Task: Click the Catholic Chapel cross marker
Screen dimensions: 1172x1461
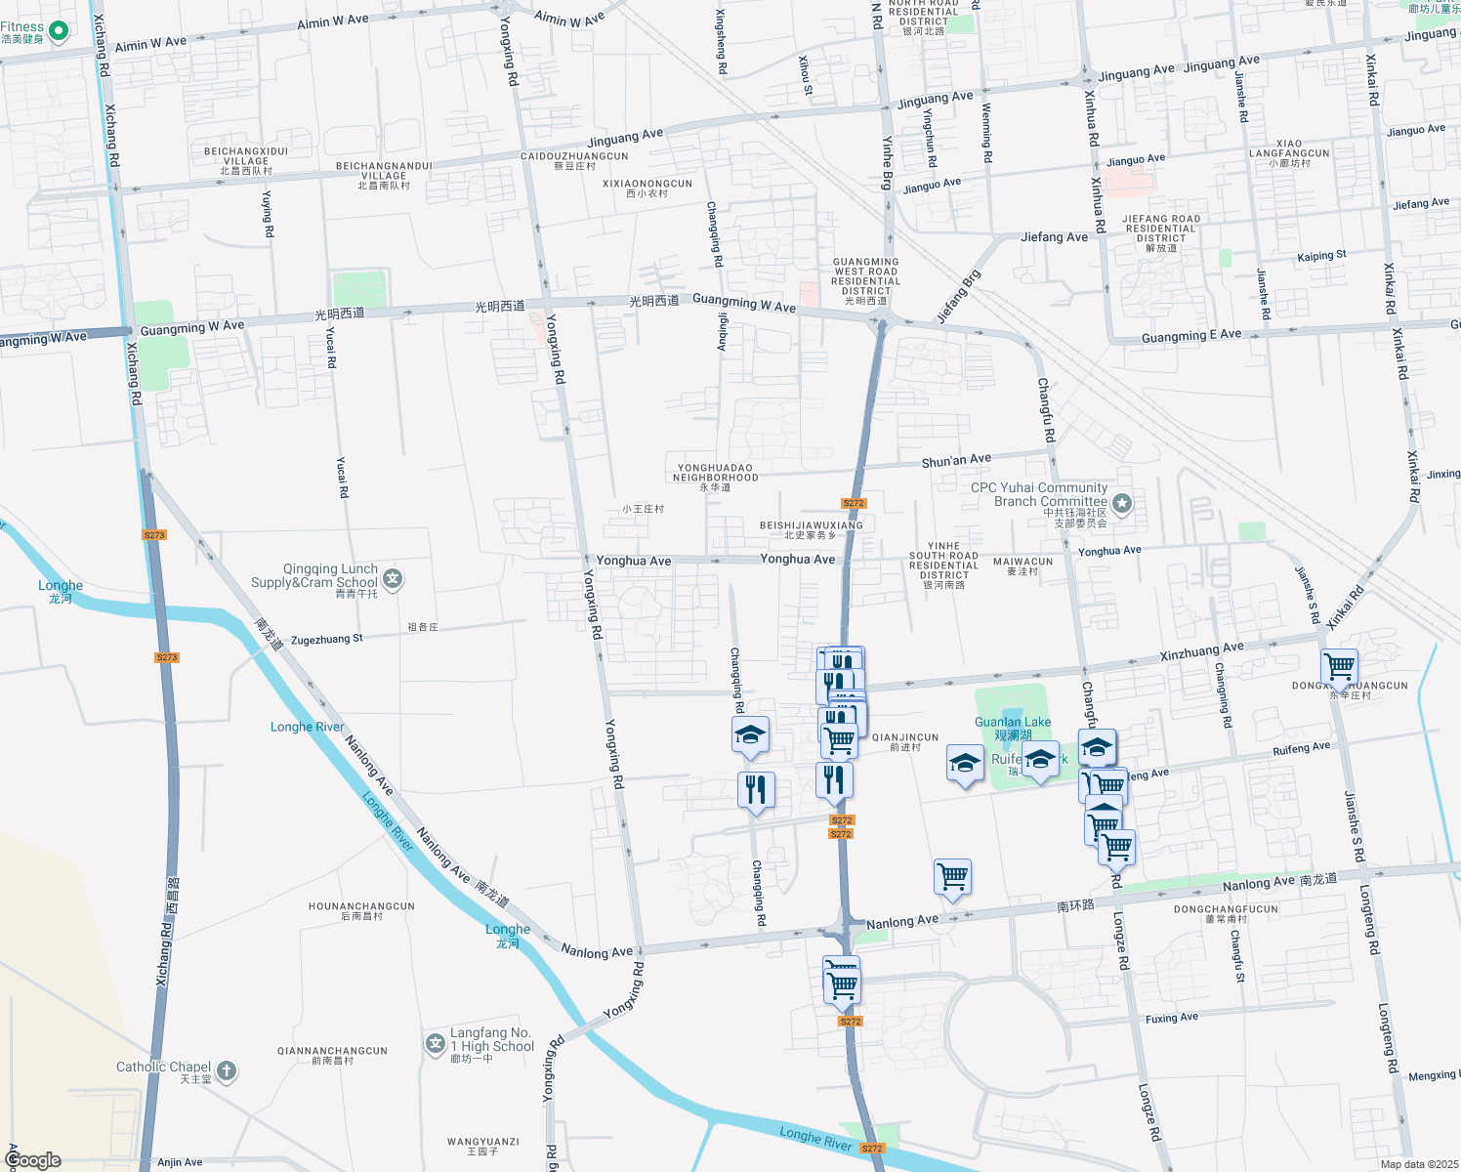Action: pos(226,1071)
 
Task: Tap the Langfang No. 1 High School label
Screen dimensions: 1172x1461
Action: pos(492,1040)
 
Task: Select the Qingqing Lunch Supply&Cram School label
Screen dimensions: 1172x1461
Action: pos(314,576)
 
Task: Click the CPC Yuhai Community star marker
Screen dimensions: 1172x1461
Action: pos(1122,503)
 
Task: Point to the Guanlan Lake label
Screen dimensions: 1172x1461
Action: pos(1013,723)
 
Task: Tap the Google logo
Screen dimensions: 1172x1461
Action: pos(33,1160)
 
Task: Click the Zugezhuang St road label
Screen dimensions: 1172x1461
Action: pos(326,640)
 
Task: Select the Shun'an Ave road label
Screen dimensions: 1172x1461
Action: pos(956,460)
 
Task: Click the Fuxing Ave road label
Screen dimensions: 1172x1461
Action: pos(1171,1019)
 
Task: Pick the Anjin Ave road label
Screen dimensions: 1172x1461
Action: pos(180,1162)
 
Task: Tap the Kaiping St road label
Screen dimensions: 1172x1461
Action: pos(1321,257)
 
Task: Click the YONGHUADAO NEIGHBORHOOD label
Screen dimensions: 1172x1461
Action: pos(715,473)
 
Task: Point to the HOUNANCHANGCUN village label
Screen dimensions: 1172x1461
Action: pos(361,907)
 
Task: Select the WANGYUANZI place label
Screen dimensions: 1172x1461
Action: pos(482,1142)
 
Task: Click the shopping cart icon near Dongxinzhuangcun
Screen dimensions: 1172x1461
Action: pos(1339,667)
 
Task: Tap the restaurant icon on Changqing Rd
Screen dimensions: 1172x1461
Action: pos(756,788)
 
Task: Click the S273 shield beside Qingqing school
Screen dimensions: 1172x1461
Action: pos(154,535)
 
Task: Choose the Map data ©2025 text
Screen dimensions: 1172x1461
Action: pos(1419,1164)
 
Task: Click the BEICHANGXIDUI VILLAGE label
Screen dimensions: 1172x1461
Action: pos(246,156)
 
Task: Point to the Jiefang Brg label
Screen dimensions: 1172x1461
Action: pos(958,297)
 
